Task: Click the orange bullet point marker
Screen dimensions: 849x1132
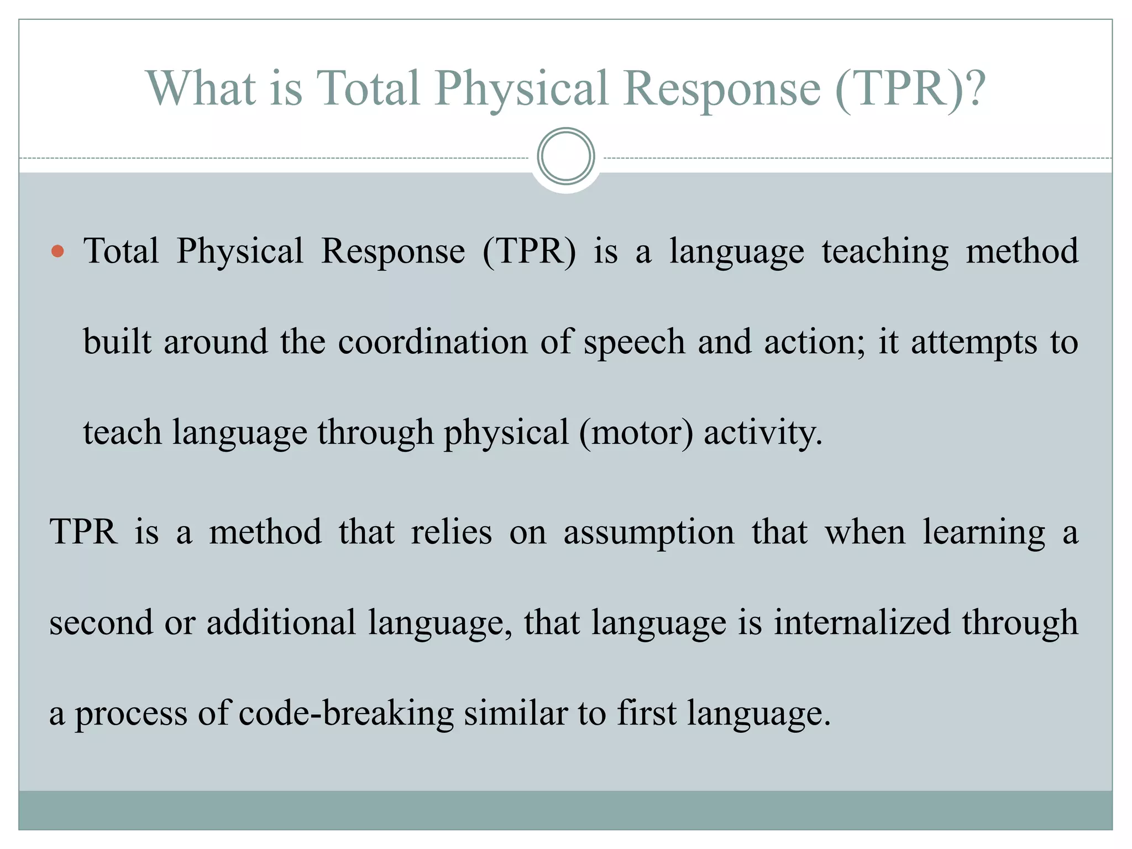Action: (x=57, y=252)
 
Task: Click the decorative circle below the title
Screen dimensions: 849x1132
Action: (x=565, y=156)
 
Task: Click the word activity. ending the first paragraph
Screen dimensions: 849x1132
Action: (x=763, y=432)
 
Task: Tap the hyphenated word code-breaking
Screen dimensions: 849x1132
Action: (x=346, y=713)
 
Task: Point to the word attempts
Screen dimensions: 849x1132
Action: (x=974, y=343)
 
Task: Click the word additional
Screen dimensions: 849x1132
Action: (x=281, y=622)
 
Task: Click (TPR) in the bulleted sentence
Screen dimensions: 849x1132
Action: (x=529, y=252)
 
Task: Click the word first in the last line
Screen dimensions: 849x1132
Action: (x=646, y=713)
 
